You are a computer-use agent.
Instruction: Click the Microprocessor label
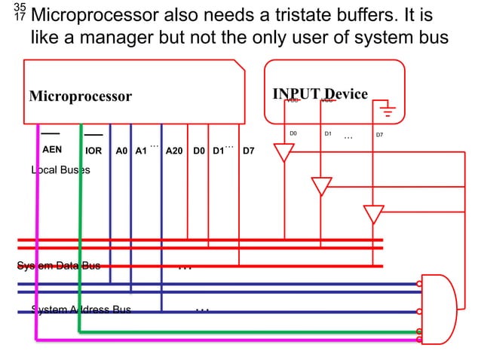click(80, 96)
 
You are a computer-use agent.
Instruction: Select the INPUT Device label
click(320, 93)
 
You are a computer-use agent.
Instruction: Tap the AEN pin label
click(52, 150)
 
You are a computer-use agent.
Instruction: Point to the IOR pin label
click(93, 151)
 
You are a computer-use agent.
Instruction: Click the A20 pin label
click(174, 151)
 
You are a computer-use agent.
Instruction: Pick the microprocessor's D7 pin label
click(248, 151)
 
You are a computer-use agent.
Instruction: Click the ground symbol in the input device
click(388, 113)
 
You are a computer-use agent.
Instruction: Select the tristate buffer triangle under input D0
click(283, 153)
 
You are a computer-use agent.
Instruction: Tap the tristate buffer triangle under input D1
click(322, 185)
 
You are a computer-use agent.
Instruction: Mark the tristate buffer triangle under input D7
click(374, 214)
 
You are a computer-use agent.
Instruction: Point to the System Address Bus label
click(81, 310)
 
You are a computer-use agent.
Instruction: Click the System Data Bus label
click(59, 265)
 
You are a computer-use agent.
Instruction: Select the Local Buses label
click(60, 170)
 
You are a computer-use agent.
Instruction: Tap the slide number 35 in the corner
click(20, 8)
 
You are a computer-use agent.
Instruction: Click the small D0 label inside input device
click(294, 134)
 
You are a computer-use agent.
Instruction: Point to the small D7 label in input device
click(379, 136)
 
